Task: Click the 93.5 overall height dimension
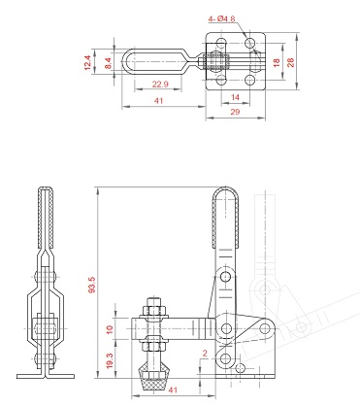[92, 285]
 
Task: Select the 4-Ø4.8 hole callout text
[222, 19]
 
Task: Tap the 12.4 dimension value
[87, 62]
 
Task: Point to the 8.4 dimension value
[108, 63]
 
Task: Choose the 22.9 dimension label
[160, 85]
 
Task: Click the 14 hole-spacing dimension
[235, 97]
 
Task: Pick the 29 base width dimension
[235, 112]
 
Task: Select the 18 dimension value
[277, 62]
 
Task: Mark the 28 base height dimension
[290, 62]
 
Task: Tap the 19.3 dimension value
[110, 360]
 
